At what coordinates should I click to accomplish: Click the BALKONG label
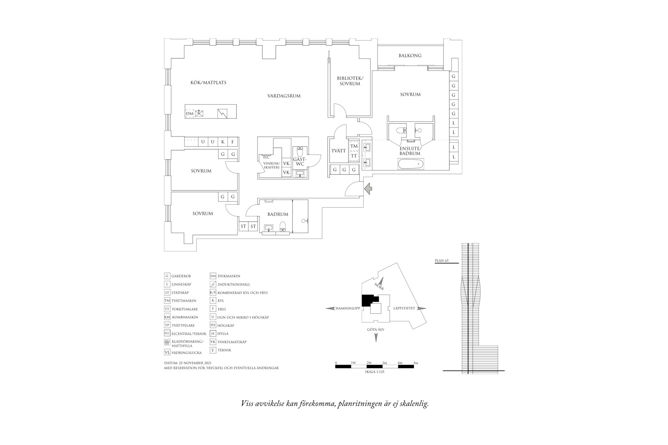click(410, 55)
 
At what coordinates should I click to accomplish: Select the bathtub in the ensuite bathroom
click(411, 164)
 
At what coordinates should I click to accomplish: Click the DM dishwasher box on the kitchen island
click(190, 113)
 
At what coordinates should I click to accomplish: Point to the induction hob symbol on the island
click(223, 113)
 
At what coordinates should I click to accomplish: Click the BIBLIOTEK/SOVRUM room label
click(350, 81)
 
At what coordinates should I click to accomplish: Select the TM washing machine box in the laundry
click(354, 146)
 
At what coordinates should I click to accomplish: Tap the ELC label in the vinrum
click(266, 157)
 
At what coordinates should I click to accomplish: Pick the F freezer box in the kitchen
click(233, 142)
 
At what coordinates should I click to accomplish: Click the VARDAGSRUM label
click(284, 96)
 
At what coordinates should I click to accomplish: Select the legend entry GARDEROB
click(181, 276)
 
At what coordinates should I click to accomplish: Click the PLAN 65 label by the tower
click(441, 261)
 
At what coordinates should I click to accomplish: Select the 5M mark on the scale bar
click(415, 363)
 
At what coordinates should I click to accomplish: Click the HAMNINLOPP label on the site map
click(348, 309)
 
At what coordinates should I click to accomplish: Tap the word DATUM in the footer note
click(171, 363)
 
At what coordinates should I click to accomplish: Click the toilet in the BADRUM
click(283, 226)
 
